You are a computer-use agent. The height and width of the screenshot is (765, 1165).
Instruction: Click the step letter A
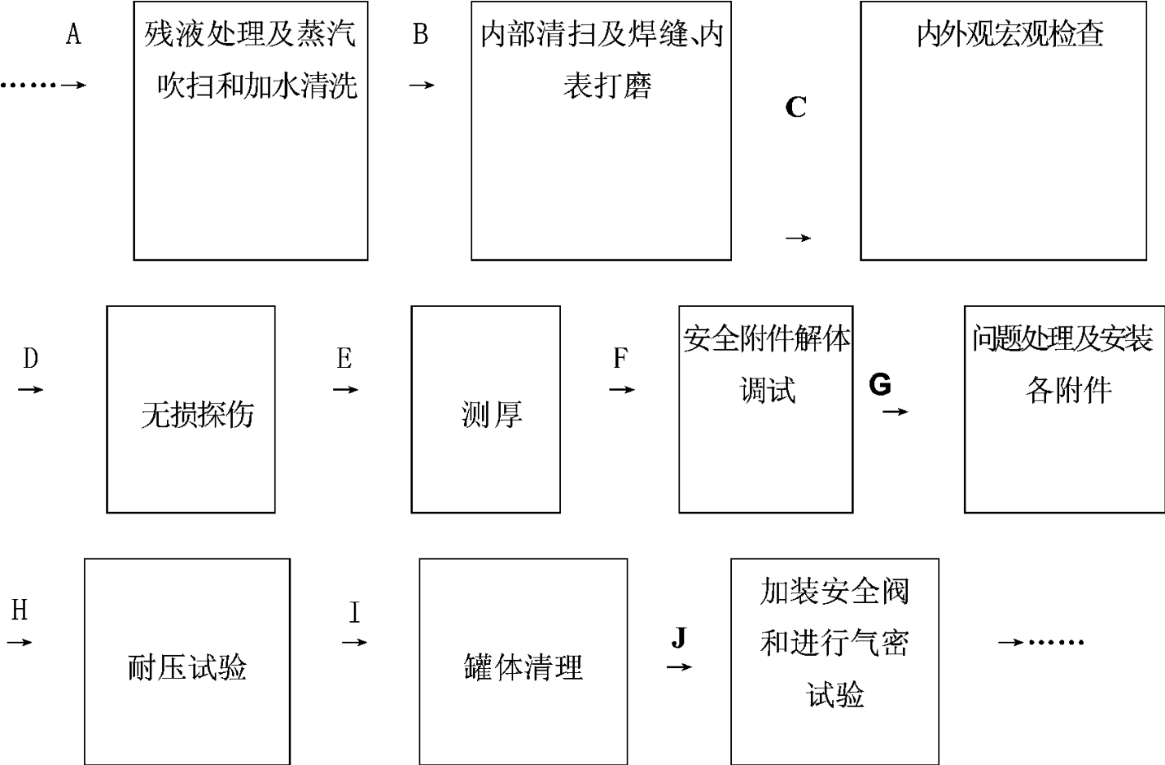pos(73,34)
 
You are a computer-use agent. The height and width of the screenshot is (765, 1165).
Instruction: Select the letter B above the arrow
pos(420,34)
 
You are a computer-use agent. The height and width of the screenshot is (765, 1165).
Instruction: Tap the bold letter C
pos(795,107)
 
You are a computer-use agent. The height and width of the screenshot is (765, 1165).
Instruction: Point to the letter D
pos(30,358)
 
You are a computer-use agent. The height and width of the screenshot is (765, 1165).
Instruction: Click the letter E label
pos(344,358)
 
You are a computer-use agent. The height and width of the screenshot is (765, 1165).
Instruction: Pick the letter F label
pos(620,358)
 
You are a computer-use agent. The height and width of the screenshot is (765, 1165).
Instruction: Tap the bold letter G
pos(880,384)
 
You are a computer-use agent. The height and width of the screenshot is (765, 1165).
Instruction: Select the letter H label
pos(20,610)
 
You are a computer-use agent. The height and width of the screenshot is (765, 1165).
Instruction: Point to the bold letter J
pos(679,637)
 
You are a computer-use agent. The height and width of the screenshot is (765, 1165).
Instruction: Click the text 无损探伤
pos(197,415)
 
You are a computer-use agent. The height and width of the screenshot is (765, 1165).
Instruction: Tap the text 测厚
pos(491,415)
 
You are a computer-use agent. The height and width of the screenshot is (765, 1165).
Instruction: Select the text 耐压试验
pos(187,667)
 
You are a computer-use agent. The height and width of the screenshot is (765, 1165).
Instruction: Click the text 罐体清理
pos(523,667)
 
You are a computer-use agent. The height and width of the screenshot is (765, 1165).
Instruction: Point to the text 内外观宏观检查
pos(1010,34)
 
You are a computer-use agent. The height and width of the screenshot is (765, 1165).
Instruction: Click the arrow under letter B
pos(422,85)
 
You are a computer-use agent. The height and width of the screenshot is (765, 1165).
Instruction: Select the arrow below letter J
pos(680,667)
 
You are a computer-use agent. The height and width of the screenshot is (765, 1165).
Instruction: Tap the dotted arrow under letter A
pos(43,85)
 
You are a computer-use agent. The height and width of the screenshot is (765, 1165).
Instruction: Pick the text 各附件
pos(1068,391)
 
